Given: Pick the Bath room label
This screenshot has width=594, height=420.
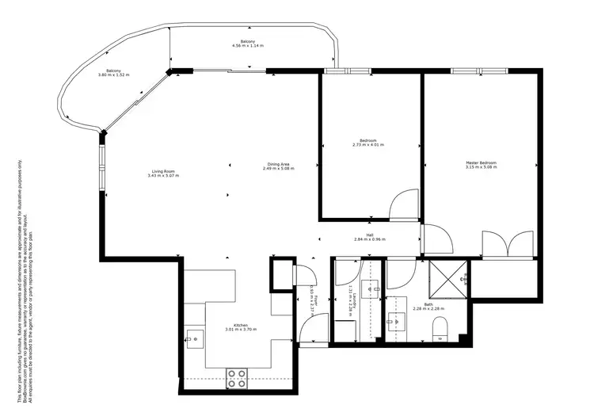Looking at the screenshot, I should (428, 304).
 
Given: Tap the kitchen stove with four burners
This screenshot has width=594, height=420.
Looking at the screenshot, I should (236, 379).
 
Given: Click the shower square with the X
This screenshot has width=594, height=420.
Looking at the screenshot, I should (447, 278).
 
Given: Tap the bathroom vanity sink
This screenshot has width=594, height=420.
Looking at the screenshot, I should (398, 321).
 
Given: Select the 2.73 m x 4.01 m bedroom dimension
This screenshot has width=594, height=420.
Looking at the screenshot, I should (368, 145).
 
